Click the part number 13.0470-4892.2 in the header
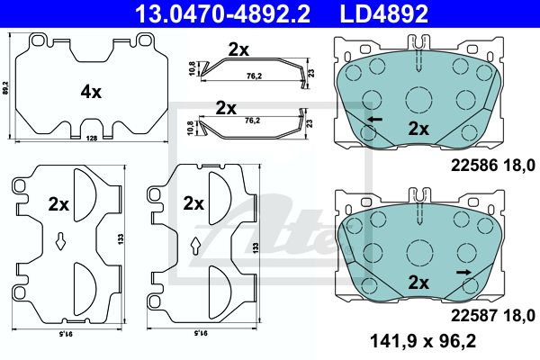coord(223,13)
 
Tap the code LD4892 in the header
coord(384,13)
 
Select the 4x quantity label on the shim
coord(91,92)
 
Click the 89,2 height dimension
coord(4,88)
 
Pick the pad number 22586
coord(474,166)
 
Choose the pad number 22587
coord(474,315)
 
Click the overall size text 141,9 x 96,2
coord(423,341)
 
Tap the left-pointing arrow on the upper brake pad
coord(375,120)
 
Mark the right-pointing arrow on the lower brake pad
coord(463,273)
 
